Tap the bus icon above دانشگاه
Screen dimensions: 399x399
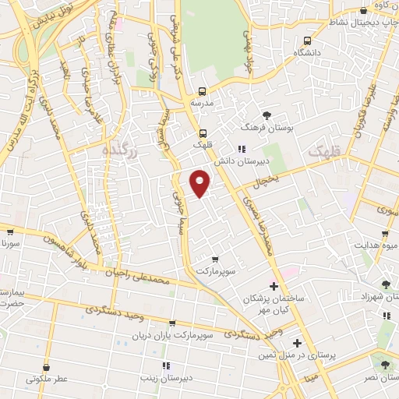tap(307, 41)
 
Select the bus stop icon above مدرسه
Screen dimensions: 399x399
tap(202, 91)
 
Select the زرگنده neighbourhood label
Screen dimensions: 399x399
tap(119, 151)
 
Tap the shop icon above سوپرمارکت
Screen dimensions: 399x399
tap(215, 259)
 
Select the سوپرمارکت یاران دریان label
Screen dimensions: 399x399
tap(172, 335)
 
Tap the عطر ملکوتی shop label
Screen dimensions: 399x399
tap(48, 380)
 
